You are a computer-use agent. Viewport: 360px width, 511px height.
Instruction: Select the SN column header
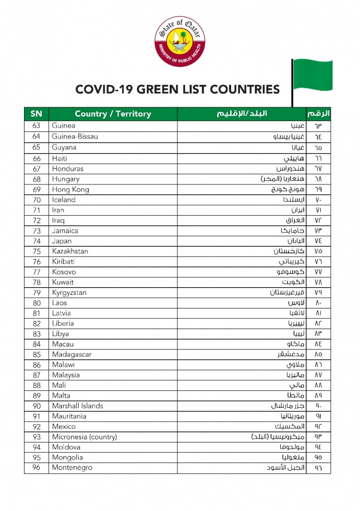(x=36, y=113)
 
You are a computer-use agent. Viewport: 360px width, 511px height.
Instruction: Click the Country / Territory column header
(x=113, y=113)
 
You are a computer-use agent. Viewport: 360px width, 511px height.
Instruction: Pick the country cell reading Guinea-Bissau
(x=75, y=136)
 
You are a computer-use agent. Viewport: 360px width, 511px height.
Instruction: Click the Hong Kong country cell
(x=71, y=190)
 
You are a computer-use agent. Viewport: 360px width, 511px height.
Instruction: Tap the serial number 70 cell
(x=36, y=200)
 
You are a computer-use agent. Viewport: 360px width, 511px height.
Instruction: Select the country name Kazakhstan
(x=70, y=251)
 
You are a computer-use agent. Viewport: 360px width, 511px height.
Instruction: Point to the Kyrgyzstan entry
(x=69, y=293)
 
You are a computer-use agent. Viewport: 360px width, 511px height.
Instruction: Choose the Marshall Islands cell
(x=77, y=406)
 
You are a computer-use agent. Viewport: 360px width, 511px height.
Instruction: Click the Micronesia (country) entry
(x=84, y=437)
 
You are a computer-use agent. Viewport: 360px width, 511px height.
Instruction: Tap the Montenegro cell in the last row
(x=72, y=468)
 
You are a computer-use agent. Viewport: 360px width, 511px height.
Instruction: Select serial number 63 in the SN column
(x=36, y=126)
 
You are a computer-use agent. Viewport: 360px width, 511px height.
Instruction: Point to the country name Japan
(x=62, y=241)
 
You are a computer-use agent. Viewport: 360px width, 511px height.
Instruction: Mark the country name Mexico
(x=64, y=427)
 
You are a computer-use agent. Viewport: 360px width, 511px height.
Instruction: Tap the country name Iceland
(x=64, y=200)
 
